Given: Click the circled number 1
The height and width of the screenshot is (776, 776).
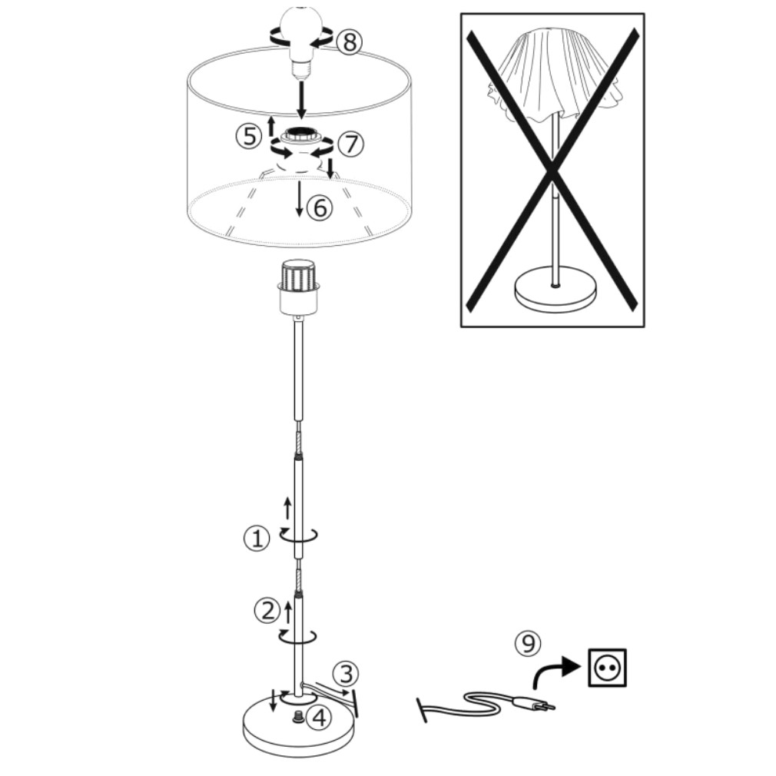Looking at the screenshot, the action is [257, 539].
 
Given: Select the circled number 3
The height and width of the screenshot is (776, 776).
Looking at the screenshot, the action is [346, 674].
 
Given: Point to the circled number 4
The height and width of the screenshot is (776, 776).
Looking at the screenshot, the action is [319, 717].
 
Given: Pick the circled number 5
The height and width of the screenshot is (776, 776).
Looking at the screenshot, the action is [249, 135].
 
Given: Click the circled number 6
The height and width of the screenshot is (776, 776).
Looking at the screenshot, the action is [320, 207].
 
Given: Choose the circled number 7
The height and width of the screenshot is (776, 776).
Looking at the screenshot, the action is [350, 144].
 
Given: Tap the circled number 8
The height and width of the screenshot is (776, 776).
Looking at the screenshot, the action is [350, 41].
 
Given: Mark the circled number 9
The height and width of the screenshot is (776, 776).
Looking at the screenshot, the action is [528, 644].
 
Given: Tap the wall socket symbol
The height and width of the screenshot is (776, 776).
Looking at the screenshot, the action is [607, 668].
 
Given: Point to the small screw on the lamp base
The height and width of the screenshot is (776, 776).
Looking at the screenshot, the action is [298, 716].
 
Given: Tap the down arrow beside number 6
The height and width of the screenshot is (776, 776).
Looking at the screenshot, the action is [299, 199].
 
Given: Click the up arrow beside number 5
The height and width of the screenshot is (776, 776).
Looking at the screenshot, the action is [270, 126].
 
